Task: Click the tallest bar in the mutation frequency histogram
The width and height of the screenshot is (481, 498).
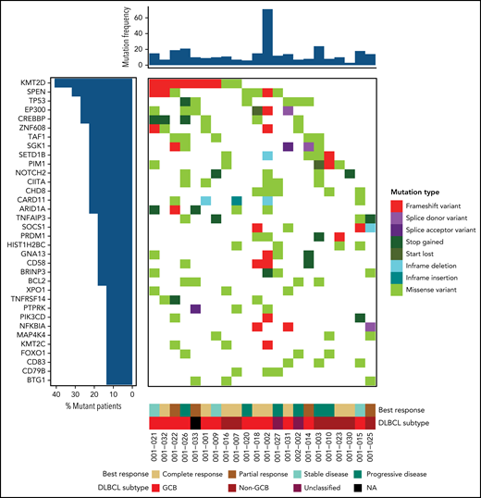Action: pos(266,38)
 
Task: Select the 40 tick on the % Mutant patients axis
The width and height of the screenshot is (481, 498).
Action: pos(55,394)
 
